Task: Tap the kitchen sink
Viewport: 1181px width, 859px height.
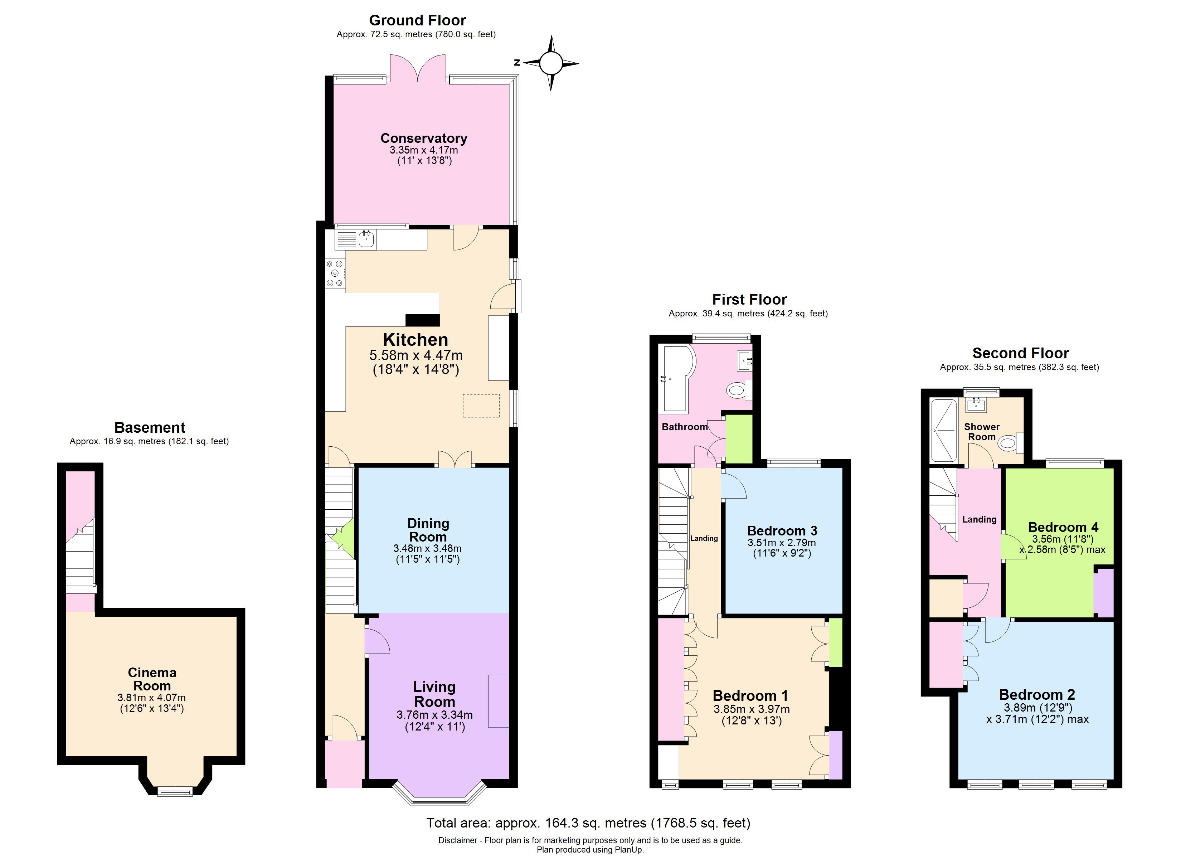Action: point(366,239)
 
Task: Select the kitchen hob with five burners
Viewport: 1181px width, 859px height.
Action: point(335,273)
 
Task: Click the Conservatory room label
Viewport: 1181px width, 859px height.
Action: point(423,139)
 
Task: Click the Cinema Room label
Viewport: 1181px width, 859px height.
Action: point(152,679)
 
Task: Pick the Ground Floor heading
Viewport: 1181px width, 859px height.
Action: point(417,20)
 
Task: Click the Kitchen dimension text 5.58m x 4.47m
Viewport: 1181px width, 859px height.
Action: point(415,356)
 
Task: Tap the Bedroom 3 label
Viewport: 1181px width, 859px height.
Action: point(782,531)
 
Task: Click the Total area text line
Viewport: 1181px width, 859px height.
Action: point(588,823)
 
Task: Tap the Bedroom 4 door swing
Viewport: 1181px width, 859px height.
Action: point(1013,548)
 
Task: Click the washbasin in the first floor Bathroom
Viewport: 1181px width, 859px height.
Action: point(745,361)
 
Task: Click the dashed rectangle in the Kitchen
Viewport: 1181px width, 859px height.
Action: point(481,406)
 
